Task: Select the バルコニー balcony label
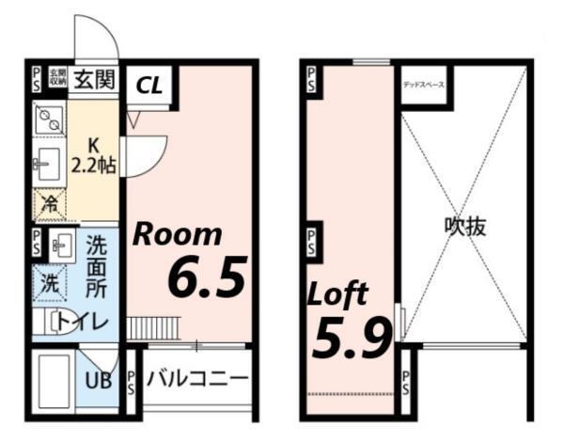[197, 380]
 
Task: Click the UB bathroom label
[99, 381]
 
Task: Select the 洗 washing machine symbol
[47, 280]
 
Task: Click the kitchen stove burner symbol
[47, 119]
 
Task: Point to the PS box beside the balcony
[131, 381]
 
